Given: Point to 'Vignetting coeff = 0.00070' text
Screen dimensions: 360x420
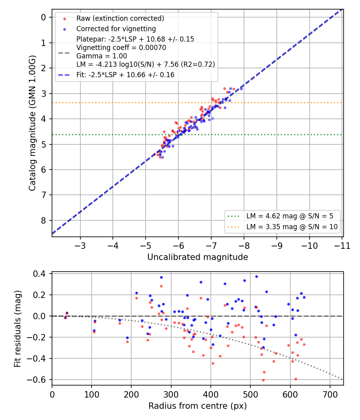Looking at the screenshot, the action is click(x=121, y=48).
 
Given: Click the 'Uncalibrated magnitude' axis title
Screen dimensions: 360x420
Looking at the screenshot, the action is click(x=198, y=257).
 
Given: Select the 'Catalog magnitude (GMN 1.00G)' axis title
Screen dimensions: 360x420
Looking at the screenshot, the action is click(x=32, y=123).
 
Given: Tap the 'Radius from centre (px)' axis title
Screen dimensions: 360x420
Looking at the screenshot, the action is click(x=198, y=406).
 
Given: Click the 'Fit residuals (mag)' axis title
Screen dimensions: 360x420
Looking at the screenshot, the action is click(x=18, y=329).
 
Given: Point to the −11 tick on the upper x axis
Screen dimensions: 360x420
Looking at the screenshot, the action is click(x=342, y=246).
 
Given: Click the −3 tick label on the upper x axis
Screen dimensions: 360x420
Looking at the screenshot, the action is click(x=80, y=246).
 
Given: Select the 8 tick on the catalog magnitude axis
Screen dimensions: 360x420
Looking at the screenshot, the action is click(x=43, y=220).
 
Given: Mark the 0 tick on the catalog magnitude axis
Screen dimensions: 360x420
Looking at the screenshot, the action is click(x=43, y=18).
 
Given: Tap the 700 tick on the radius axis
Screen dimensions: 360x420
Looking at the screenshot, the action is click(x=330, y=394).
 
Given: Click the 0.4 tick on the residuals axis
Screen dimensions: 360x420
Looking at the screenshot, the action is click(x=39, y=274).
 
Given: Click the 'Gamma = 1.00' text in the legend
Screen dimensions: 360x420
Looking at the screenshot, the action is click(x=102, y=56).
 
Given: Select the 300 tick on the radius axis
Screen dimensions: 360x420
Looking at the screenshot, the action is click(x=171, y=394).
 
